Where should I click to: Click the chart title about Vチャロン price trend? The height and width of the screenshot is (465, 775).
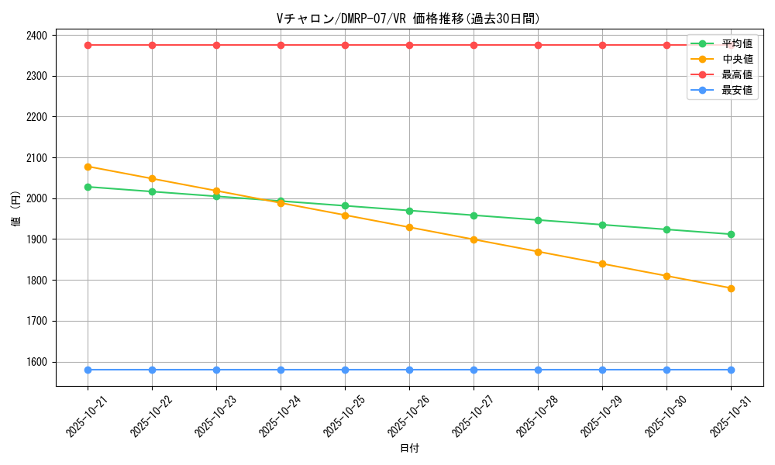tap(408, 19)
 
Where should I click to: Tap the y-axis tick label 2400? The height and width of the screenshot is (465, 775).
tap(36, 36)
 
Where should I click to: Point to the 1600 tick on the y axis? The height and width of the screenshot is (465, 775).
tap(36, 362)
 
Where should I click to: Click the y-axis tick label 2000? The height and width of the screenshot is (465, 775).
tap(36, 198)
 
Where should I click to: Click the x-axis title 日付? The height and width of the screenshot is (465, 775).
tap(409, 448)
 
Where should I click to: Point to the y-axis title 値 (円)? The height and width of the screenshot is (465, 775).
tap(16, 211)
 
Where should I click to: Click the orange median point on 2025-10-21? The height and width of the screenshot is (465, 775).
tap(88, 167)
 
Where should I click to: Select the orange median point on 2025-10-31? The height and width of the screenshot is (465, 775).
tap(731, 288)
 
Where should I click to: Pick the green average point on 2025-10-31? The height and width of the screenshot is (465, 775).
tap(731, 234)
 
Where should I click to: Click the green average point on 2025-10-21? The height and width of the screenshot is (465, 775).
tap(88, 187)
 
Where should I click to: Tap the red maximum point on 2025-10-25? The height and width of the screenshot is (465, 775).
tap(345, 45)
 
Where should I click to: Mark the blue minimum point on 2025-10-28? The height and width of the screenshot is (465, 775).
tap(538, 370)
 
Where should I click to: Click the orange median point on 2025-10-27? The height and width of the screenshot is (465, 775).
tap(474, 239)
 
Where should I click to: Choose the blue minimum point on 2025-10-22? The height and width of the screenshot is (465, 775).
tap(152, 370)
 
